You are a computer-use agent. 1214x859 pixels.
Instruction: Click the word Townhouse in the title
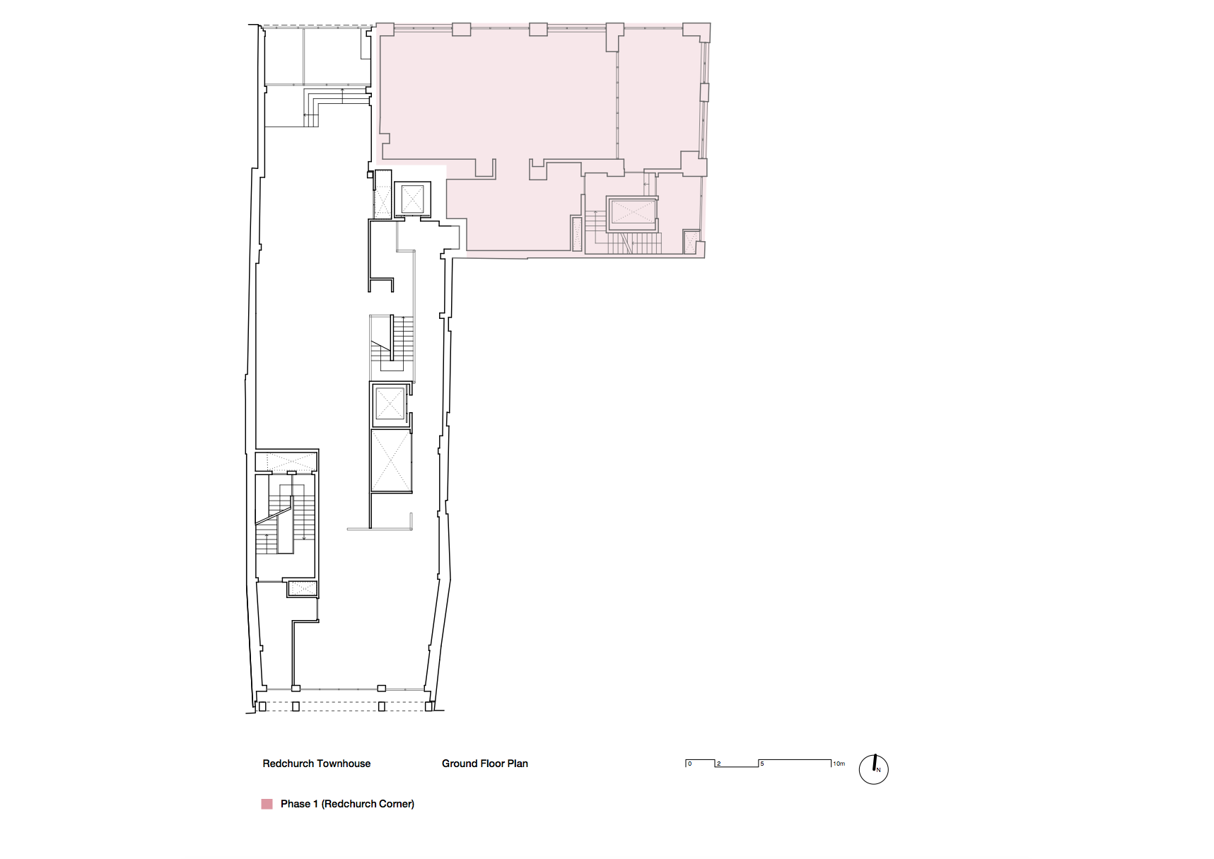[344, 764]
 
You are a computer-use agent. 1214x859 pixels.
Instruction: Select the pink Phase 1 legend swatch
[267, 804]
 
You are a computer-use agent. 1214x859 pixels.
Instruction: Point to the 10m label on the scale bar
[839, 764]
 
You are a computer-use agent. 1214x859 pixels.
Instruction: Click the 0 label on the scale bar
[690, 764]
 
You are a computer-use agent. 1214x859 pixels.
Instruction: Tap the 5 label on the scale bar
[762, 764]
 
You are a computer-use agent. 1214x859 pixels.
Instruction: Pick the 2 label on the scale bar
[719, 764]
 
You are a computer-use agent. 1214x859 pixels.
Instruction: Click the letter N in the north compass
[879, 770]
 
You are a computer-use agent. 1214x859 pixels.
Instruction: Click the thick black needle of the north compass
[875, 762]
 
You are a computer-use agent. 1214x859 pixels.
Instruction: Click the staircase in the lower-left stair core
[285, 515]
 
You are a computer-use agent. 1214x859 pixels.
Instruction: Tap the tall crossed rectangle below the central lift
[391, 460]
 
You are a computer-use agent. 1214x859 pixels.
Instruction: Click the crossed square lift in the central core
[390, 404]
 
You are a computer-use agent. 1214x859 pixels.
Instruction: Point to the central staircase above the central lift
[392, 344]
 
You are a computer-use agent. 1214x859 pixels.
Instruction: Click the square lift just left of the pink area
[412, 199]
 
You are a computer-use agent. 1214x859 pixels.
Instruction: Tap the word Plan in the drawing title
[518, 764]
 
